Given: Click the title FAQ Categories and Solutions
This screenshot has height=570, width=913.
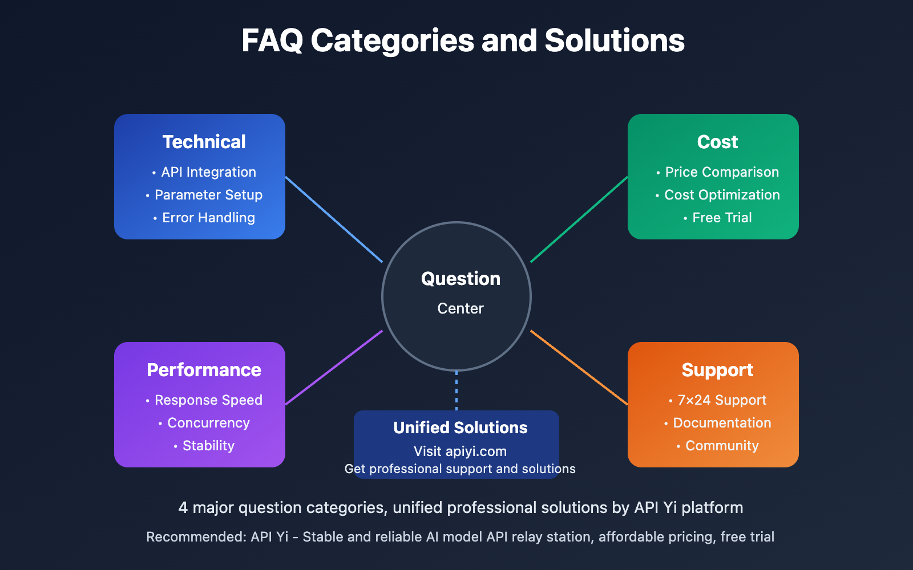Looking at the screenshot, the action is tap(463, 40).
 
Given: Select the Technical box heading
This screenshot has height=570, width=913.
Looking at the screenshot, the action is tap(204, 142).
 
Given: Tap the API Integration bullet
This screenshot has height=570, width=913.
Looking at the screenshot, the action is tap(204, 172).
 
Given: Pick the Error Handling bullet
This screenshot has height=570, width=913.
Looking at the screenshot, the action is tap(204, 217).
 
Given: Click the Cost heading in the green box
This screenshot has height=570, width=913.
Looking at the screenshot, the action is tap(717, 142).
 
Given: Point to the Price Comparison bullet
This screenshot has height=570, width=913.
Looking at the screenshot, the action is tap(718, 172).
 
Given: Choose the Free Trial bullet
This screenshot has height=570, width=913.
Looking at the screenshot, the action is tap(718, 217).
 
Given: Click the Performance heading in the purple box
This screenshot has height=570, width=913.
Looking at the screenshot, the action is tap(204, 370).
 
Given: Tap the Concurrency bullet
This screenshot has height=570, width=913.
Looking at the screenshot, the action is tap(204, 422).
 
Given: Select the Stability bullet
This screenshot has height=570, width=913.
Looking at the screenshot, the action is tap(204, 445).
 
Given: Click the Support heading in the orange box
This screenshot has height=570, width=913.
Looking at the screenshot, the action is tap(717, 370).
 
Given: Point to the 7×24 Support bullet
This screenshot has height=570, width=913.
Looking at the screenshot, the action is tap(718, 400).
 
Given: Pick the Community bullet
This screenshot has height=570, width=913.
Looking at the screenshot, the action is tap(718, 445).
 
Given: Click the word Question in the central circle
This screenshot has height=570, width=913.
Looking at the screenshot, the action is tap(460, 279).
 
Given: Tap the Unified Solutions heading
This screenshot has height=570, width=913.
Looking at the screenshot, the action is tap(460, 427).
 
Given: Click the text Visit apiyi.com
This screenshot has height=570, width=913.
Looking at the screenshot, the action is tap(460, 451).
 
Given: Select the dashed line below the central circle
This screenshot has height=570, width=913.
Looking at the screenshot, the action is tap(457, 390).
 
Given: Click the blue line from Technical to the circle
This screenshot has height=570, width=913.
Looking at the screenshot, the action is tap(334, 219).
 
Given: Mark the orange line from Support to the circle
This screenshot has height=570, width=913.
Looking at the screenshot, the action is tap(579, 368).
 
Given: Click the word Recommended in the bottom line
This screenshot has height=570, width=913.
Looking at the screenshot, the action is tap(196, 536).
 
